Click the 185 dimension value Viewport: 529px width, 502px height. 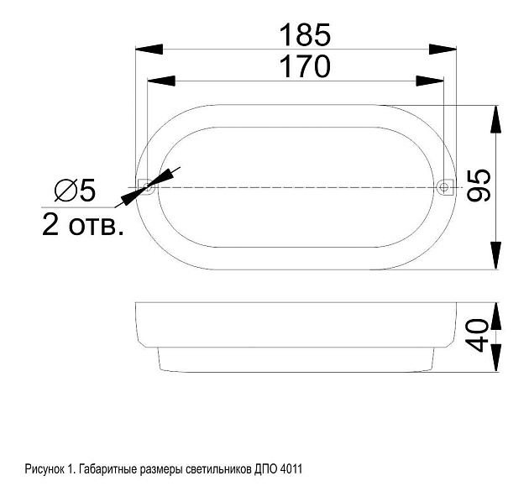[306, 34]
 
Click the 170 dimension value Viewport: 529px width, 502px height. [306, 66]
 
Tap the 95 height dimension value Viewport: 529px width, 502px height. [479, 186]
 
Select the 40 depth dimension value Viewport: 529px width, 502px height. [477, 335]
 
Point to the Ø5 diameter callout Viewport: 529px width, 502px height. [75, 191]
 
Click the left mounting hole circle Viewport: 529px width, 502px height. [147, 186]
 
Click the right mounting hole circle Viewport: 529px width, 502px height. [443, 186]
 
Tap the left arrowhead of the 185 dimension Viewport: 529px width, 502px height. [149, 50]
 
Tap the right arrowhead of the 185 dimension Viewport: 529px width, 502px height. [443, 50]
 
